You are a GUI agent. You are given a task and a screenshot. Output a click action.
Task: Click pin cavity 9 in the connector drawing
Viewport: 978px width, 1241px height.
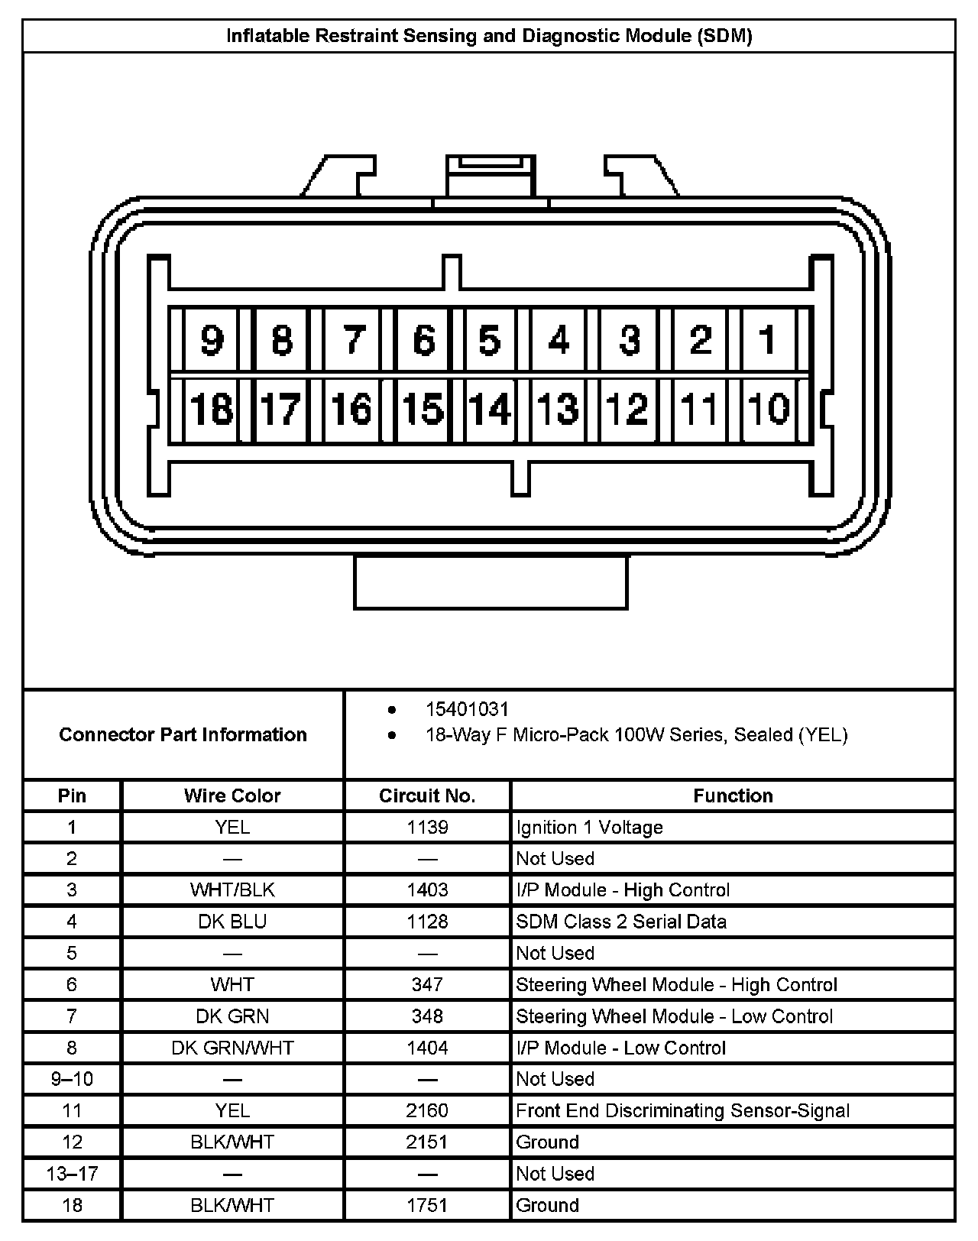[212, 340]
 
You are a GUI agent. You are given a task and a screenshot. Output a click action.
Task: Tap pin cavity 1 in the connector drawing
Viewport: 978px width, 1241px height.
[768, 339]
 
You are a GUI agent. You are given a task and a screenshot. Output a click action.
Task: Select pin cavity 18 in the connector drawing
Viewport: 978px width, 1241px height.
[212, 409]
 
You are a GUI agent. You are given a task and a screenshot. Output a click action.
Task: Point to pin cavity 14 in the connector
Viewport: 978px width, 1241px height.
[490, 409]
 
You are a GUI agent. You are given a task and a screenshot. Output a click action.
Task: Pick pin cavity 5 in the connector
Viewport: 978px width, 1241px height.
[490, 340]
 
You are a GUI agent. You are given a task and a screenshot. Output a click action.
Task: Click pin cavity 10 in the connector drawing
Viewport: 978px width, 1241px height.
[768, 409]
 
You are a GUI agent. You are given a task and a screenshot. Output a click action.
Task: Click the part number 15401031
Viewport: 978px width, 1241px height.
[467, 709]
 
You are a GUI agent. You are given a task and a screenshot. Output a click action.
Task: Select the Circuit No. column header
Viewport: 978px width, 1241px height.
[427, 795]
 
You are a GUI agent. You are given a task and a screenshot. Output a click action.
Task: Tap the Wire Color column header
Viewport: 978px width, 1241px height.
[232, 795]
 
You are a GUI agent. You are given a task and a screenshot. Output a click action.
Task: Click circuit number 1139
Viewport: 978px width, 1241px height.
[427, 827]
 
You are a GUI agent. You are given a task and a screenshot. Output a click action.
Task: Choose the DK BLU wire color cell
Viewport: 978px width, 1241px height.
[232, 922]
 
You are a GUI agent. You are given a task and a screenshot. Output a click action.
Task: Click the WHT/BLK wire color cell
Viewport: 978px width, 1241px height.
[232, 890]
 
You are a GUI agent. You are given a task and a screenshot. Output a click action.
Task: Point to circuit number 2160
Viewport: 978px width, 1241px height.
[427, 1110]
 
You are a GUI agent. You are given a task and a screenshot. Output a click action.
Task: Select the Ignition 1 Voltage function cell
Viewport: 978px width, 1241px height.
[589, 827]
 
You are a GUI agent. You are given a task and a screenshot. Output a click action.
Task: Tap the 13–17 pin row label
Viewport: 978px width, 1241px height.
[72, 1174]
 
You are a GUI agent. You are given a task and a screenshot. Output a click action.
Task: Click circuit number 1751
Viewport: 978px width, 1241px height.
[427, 1205]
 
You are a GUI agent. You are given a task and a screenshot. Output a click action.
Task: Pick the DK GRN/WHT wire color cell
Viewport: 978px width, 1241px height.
[232, 1048]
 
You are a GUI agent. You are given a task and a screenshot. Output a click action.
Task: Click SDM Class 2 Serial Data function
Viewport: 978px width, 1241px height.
[620, 922]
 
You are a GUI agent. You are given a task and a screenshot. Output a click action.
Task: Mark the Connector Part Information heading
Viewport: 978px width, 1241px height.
[183, 734]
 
